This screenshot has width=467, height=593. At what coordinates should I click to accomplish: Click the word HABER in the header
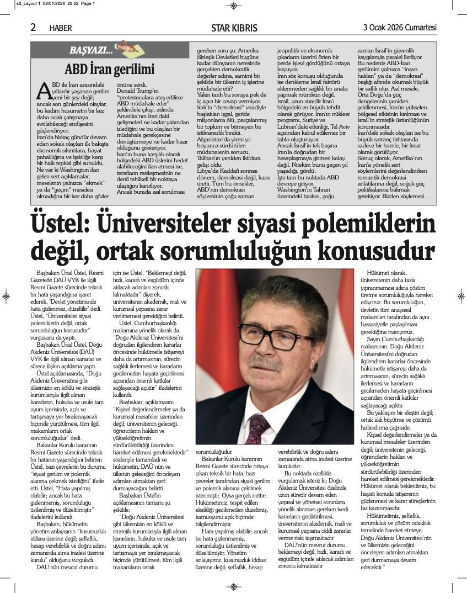[x=61, y=28]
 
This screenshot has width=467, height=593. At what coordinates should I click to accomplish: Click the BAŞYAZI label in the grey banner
[x=90, y=50]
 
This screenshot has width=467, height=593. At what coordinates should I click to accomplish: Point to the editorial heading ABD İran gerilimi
[x=109, y=70]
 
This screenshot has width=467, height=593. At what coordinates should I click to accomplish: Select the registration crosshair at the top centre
[x=233, y=6]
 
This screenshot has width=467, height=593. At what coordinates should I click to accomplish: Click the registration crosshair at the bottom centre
[x=233, y=586]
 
